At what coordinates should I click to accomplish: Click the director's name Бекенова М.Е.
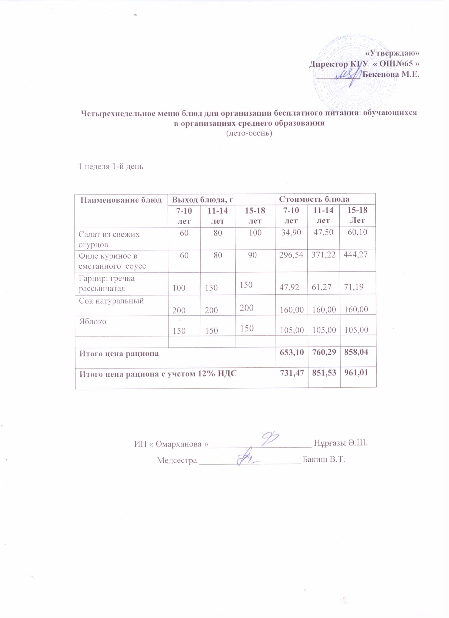391,74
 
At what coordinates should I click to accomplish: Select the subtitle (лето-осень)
249,134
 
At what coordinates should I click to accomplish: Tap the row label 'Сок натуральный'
111,301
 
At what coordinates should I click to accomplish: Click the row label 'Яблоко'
93,321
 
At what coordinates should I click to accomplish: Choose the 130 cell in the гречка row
211,288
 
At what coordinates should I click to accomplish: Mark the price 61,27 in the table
324,288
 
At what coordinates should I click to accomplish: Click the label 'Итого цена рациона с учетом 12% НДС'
158,374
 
